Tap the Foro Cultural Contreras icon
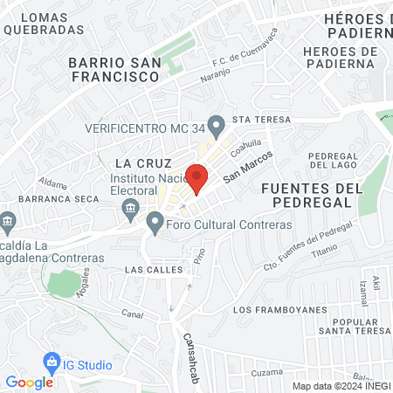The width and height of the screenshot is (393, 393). pos(155,224)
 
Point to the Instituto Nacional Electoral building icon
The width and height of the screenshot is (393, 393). pos(131,207)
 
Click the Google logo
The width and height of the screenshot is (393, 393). pos(29,382)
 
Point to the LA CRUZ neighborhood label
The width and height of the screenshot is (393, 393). pos(135,163)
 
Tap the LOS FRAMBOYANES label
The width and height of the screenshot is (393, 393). pos(280,310)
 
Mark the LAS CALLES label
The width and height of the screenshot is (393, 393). pos(154,269)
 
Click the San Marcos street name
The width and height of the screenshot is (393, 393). pos(248,166)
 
